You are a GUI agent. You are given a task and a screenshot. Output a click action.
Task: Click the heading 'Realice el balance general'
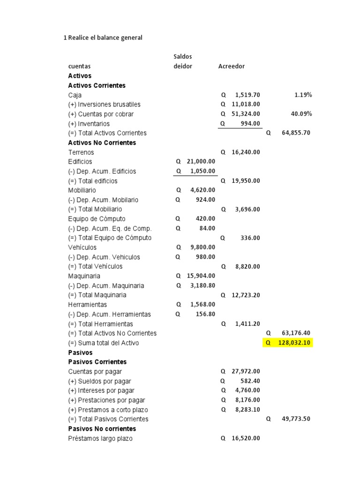(105, 37)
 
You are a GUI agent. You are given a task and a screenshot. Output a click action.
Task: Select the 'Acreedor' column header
(232, 66)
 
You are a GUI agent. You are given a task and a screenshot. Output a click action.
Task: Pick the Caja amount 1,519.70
(247, 95)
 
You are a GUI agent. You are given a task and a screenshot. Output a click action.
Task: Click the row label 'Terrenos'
(81, 152)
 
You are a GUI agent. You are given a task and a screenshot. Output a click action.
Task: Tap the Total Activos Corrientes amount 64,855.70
(296, 133)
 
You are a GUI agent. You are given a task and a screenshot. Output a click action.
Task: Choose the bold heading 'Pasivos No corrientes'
(102, 428)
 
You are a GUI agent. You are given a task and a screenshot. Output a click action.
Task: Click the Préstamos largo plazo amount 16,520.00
(246, 438)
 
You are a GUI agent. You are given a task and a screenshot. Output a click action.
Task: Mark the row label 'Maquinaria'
(84, 276)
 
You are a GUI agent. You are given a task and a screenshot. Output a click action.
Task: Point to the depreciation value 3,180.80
(203, 285)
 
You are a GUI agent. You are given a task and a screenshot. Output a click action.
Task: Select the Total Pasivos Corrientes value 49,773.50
(296, 419)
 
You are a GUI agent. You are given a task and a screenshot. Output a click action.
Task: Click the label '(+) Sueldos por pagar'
(99, 381)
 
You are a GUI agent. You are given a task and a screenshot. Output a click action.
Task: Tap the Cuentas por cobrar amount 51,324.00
(246, 114)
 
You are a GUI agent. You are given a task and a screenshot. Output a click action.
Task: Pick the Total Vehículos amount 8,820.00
(247, 266)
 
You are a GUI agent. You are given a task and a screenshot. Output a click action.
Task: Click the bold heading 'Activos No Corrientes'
(102, 142)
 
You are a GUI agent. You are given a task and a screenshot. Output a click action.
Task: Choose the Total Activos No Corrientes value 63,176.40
(296, 333)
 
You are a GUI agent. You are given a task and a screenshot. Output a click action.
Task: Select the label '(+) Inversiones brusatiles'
(104, 104)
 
